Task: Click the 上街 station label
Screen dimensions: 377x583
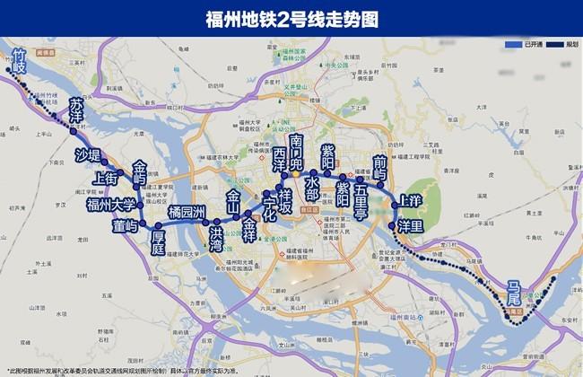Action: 106,179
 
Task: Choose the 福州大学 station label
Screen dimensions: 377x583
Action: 110,205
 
